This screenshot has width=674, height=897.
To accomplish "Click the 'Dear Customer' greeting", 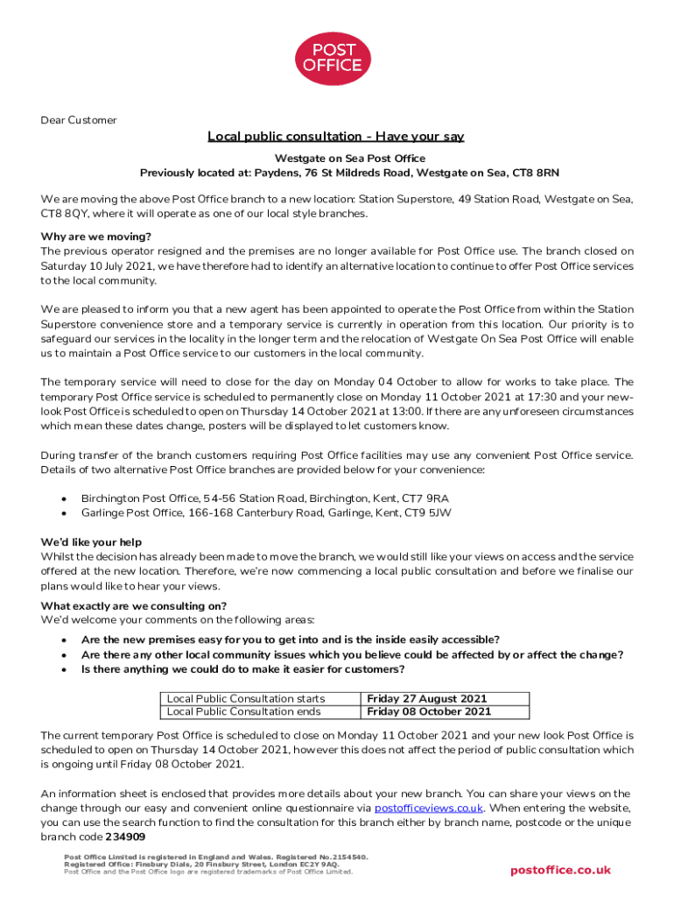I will [79, 120].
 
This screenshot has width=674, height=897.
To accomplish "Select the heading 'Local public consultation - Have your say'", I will [335, 137].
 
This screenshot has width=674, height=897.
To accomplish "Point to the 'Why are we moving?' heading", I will [96, 237].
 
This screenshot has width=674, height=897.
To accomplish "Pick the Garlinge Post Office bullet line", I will [266, 512].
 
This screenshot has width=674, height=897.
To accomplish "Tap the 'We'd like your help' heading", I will [91, 542].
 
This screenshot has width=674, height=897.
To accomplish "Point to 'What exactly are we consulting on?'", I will [134, 606].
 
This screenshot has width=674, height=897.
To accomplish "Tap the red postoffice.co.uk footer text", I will [560, 870].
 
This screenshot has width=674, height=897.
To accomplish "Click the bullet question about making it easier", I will [243, 670].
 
